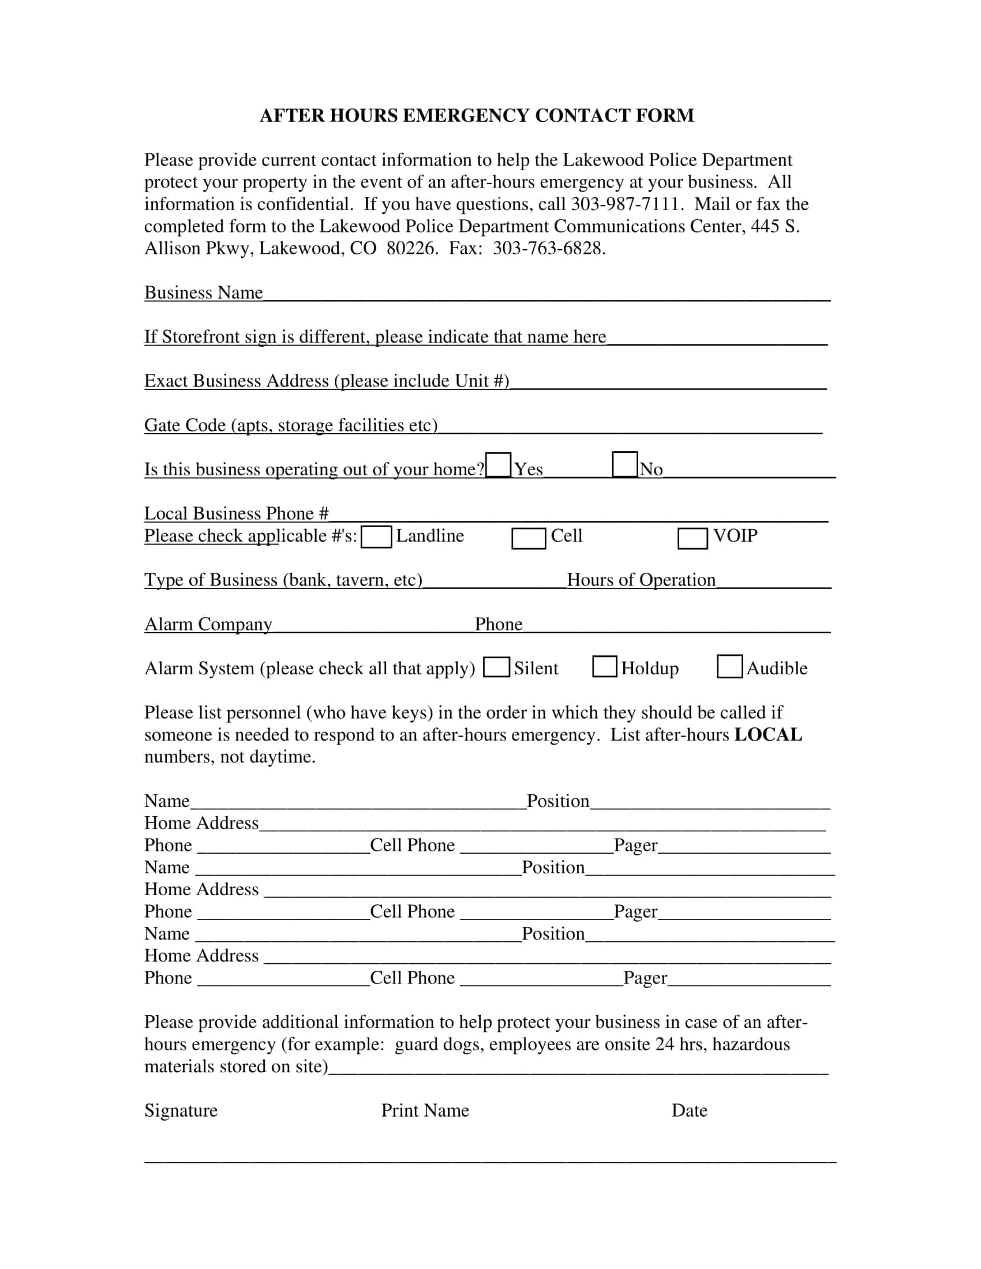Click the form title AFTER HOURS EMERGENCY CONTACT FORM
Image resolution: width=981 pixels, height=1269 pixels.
click(477, 115)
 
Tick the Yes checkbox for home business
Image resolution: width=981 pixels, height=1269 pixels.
click(498, 465)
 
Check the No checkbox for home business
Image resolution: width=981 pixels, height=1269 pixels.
click(625, 464)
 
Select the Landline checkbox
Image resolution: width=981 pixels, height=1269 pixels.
click(376, 537)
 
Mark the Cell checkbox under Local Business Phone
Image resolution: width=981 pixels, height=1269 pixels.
click(528, 538)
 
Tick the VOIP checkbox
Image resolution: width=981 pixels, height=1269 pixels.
click(692, 538)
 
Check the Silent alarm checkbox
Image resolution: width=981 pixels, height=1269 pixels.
click(496, 667)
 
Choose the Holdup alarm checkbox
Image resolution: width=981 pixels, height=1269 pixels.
click(604, 666)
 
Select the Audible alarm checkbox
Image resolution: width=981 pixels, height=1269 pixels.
click(729, 666)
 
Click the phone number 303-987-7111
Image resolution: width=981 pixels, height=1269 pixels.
click(626, 205)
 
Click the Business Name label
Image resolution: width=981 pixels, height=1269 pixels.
click(203, 292)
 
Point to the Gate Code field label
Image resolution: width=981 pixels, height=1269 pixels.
click(291, 425)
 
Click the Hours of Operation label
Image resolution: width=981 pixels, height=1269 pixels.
click(641, 580)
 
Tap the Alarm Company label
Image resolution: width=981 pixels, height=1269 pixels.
click(208, 624)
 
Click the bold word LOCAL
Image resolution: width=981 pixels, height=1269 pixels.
click(768, 734)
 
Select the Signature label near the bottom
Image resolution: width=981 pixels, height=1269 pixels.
click(181, 1110)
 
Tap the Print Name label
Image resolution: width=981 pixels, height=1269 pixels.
click(425, 1110)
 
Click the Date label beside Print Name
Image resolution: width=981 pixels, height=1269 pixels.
click(689, 1110)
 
